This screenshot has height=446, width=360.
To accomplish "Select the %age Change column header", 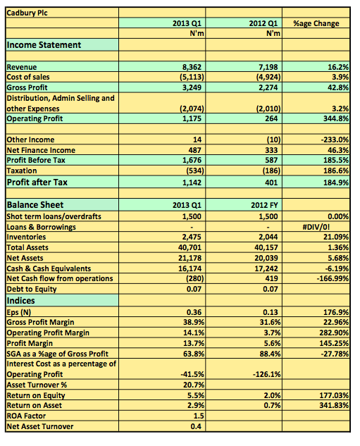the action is point(316,23).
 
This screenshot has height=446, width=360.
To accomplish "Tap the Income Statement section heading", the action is point(44,45).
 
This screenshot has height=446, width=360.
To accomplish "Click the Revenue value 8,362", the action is point(192,67).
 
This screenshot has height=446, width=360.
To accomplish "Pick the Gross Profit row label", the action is point(27,87).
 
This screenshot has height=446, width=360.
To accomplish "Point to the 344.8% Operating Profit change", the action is point(336,118).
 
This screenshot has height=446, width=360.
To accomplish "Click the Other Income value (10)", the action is point(273,140).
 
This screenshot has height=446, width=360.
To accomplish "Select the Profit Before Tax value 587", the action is point(271,160).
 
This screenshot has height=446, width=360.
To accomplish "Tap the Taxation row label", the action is point(22,171).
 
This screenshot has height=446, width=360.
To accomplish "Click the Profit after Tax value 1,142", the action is point(192,182).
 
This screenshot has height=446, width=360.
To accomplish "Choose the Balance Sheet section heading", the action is point(35,205).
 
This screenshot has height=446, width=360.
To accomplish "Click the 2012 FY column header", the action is point(264,205).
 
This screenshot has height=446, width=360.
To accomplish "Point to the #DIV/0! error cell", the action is point(316,227).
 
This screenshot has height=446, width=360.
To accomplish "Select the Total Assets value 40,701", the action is point(190,247).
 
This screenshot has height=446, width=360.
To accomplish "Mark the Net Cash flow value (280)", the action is point(195,278).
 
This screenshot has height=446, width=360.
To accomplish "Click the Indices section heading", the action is point(20,301).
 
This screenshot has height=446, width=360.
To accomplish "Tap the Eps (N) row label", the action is point(18,312).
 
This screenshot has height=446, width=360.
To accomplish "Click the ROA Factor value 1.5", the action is point(199,416).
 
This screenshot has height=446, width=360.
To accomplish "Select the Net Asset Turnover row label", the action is point(40,426).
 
